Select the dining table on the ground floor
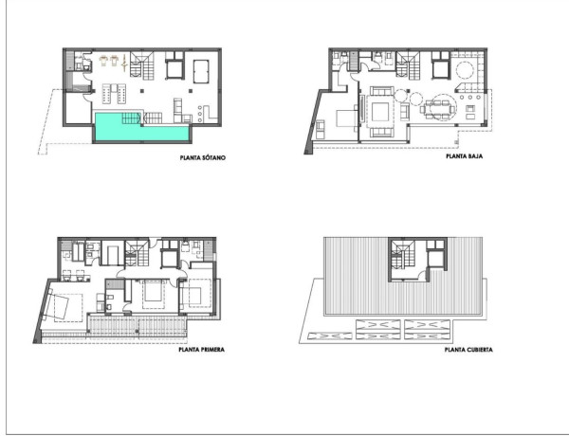click(438, 107)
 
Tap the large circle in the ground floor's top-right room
click(466, 72)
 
